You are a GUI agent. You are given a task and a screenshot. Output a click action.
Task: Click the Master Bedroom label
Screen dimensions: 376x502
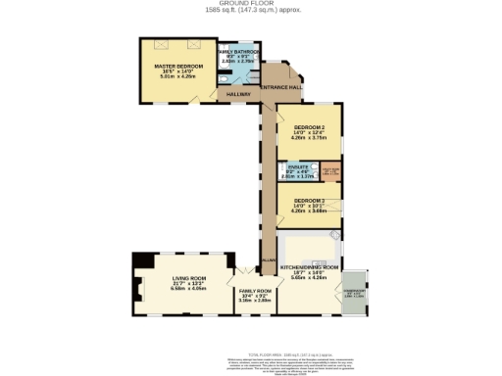(x=177, y=66)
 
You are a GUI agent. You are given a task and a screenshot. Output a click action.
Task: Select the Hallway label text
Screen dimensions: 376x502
(x=239, y=94)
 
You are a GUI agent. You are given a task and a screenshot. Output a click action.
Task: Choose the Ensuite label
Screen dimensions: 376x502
(x=298, y=168)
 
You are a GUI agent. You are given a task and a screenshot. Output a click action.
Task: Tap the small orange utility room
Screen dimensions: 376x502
(x=331, y=174)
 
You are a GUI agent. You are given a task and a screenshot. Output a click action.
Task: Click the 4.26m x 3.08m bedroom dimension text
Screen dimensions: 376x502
(x=308, y=211)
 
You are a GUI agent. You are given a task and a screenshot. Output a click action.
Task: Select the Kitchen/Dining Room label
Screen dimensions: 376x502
(x=310, y=266)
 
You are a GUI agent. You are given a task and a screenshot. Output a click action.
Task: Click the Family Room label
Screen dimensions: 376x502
(x=254, y=291)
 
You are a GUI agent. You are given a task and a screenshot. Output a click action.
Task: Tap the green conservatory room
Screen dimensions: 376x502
(x=351, y=292)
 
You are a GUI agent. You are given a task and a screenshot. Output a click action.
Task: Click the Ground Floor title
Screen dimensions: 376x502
(x=250, y=3)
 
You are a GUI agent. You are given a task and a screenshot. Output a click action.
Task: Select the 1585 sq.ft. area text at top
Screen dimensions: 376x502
(x=250, y=10)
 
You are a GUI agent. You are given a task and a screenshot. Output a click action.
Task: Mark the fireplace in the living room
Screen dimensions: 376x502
(x=142, y=260)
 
